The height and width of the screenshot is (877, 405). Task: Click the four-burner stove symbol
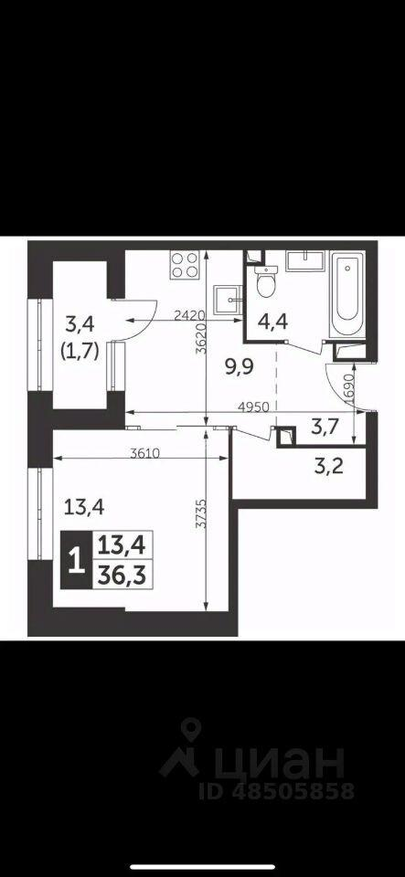(x=186, y=264)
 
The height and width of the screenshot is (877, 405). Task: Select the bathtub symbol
(x=347, y=295)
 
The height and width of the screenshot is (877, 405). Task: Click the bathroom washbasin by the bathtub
(x=304, y=260)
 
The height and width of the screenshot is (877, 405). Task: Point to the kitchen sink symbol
(x=229, y=300)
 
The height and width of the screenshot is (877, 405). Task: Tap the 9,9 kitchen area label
(x=239, y=367)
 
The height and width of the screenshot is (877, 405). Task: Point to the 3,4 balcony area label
(x=81, y=322)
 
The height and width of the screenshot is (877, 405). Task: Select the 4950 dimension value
(x=254, y=407)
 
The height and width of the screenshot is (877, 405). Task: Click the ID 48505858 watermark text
(x=277, y=791)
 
